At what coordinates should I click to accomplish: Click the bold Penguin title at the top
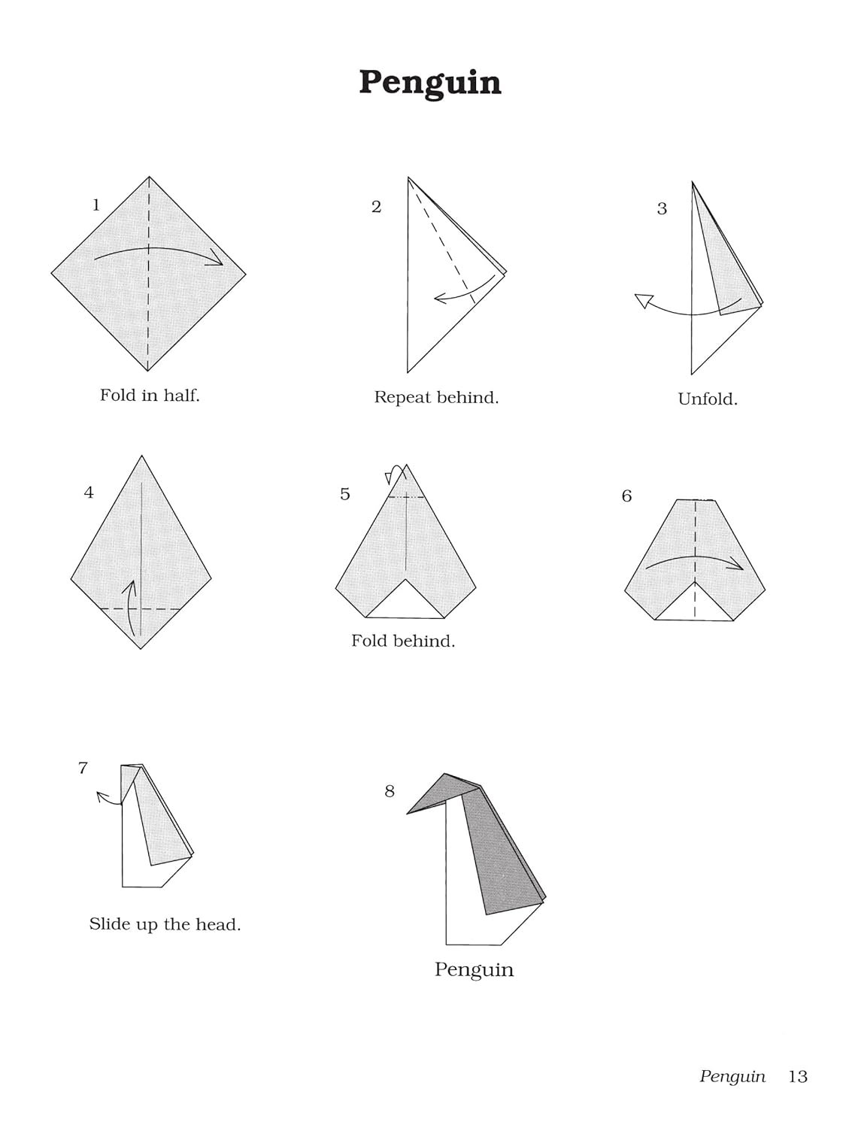(x=430, y=83)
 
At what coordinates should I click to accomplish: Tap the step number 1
(x=96, y=205)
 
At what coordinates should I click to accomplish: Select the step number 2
(x=377, y=207)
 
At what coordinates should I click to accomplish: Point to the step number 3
(x=662, y=208)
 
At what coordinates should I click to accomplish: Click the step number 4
(x=89, y=493)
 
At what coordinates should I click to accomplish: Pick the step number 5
(x=345, y=494)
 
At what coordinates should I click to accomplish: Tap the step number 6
(x=626, y=496)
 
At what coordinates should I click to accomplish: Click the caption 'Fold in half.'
(x=150, y=396)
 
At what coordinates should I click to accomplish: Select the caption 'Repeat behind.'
(x=436, y=397)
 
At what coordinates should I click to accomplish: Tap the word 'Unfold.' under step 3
(x=708, y=399)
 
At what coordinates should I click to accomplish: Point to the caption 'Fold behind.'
(x=403, y=641)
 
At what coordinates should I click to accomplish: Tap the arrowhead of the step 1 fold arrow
(x=217, y=259)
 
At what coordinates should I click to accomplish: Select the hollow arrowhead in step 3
(x=643, y=300)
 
